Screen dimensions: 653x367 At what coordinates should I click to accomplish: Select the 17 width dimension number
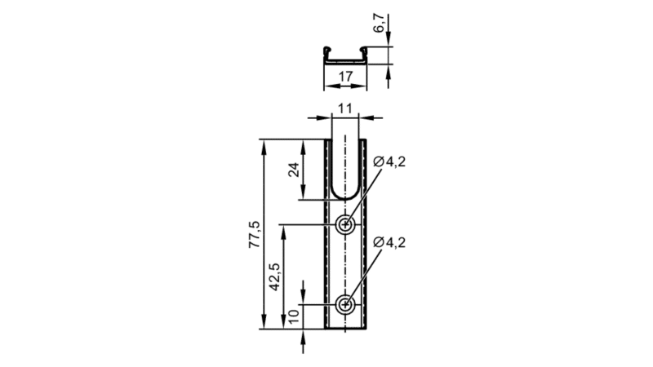tap(345, 77)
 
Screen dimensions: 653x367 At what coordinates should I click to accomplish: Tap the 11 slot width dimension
tap(344, 108)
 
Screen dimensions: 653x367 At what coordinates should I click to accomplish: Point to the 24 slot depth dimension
tap(295, 170)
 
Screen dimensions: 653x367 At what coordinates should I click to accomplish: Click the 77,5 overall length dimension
tap(255, 234)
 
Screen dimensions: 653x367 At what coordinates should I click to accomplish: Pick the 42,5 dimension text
tap(274, 276)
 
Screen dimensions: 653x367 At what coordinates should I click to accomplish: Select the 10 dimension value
tap(294, 316)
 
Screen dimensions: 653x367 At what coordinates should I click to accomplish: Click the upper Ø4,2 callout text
tap(389, 161)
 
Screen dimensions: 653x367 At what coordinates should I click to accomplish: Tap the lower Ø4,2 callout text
tap(389, 242)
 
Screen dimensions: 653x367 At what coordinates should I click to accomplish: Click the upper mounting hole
tap(345, 225)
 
